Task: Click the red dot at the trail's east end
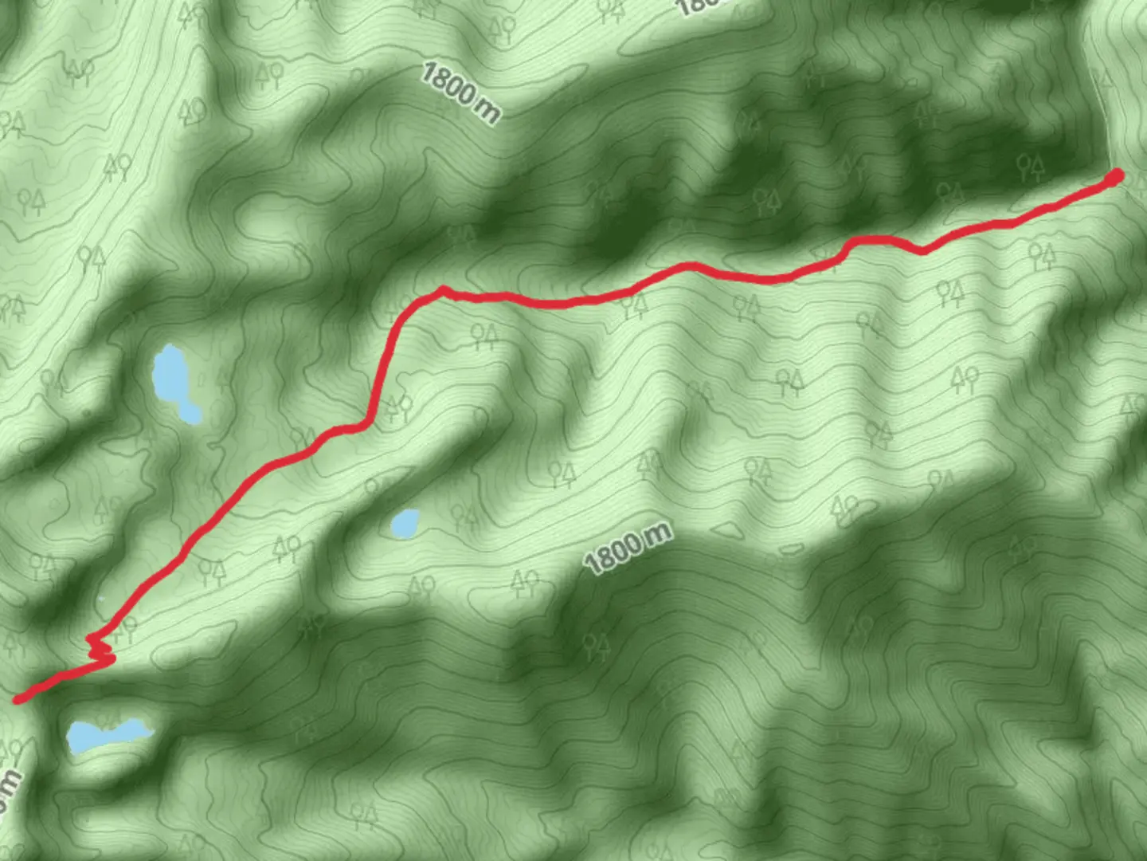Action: point(1117,176)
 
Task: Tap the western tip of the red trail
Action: point(18,699)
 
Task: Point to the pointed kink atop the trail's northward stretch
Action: point(443,289)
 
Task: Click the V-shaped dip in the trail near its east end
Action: point(922,251)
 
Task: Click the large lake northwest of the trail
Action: point(172,375)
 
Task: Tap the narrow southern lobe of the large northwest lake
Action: point(190,412)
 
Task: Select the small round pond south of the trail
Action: point(405,523)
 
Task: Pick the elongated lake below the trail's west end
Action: point(105,734)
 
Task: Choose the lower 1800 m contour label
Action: point(628,548)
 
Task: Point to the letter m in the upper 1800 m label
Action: point(487,112)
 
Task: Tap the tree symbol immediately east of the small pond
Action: point(464,517)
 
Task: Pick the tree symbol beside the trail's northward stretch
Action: point(397,408)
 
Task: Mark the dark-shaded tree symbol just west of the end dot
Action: point(1031,167)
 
